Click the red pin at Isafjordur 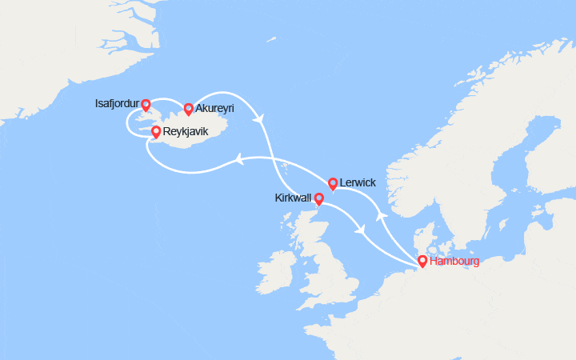(146, 105)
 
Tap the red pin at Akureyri (188, 109)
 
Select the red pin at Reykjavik (155, 134)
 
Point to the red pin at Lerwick (333, 184)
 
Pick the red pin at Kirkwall (318, 198)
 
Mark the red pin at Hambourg (422, 261)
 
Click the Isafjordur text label (115, 104)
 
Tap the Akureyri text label (215, 108)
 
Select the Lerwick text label (358, 182)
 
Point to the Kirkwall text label (292, 198)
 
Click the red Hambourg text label (454, 261)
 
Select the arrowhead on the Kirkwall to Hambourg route (362, 230)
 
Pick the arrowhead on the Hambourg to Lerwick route (381, 217)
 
